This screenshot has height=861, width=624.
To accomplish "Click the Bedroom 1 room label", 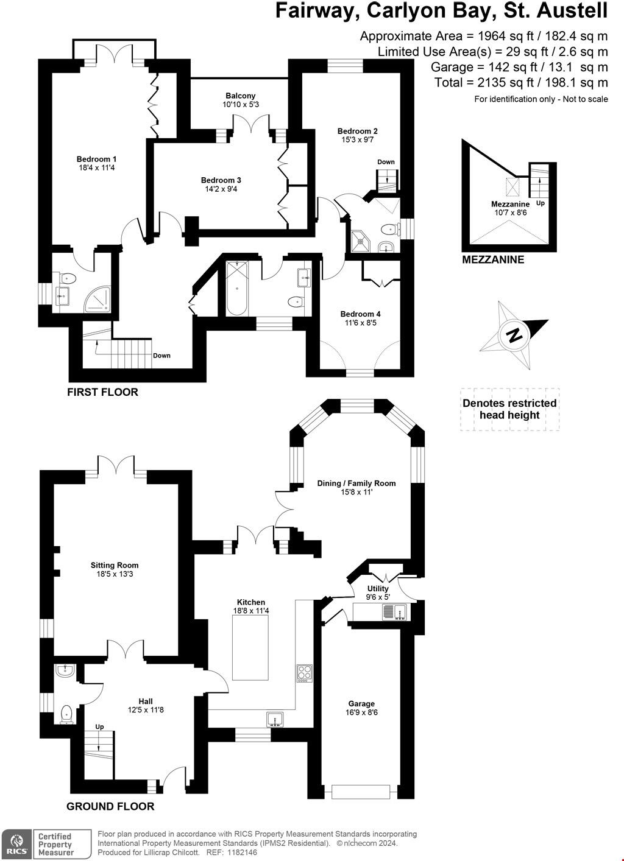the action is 97,160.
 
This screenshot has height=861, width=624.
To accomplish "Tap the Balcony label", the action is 240,96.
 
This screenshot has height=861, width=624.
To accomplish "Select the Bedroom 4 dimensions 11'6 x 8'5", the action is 361,323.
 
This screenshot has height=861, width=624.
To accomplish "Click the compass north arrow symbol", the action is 515,334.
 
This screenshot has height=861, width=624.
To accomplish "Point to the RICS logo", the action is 16,844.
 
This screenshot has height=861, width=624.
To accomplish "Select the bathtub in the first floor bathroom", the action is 236,288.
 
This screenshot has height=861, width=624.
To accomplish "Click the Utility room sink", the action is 394,611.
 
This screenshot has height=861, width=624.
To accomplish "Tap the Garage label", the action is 361,703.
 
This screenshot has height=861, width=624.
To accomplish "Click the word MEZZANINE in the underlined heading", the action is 493,259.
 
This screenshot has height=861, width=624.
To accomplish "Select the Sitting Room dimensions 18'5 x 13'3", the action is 115,574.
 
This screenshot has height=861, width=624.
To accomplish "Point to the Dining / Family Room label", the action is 356,483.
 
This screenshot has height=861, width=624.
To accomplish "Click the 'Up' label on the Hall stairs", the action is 99,727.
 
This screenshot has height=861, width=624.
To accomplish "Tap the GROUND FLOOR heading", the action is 110,806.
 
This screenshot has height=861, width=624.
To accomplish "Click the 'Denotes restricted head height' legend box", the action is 509,409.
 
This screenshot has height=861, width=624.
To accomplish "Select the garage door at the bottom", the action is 361,792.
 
